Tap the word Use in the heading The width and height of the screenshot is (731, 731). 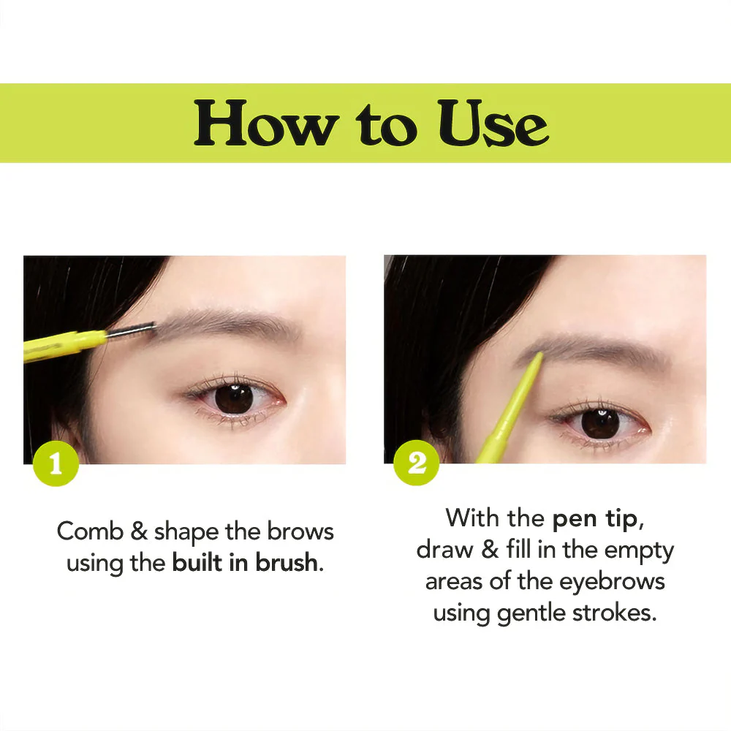point(493,123)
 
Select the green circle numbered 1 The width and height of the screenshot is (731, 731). point(56,463)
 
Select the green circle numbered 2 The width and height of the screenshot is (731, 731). point(417,463)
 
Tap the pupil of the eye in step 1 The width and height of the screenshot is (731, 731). point(234,399)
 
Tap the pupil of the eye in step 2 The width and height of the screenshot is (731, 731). point(600,423)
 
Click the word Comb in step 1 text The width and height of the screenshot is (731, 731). point(90,531)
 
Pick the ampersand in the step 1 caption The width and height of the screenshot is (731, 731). point(139,531)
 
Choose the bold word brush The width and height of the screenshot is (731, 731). point(287,562)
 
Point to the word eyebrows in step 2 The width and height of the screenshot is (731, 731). point(612,582)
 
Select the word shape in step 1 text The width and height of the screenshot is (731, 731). point(186,532)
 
